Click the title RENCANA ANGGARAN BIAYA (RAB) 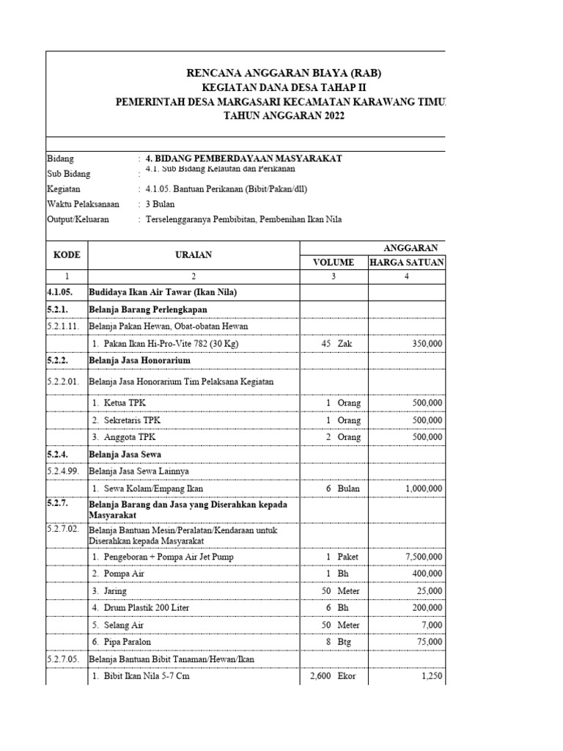coord(284,73)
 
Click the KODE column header coord(67,254)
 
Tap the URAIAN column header coord(194,254)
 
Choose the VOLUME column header coord(334,262)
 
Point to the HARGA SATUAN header coord(407,262)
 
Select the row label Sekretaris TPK coord(125,420)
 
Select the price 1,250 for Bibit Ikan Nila coord(431,676)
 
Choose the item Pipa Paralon coord(122,642)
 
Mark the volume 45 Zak coord(337,343)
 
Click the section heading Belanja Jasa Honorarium coord(139,360)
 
